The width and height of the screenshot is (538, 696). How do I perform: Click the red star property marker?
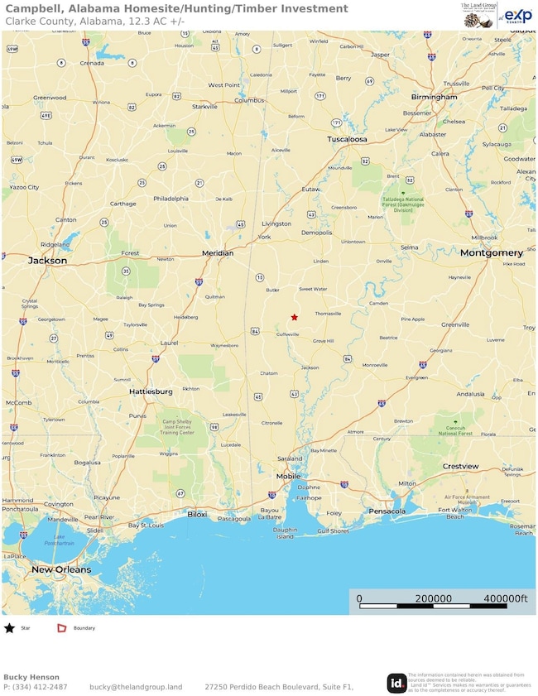tap(294, 317)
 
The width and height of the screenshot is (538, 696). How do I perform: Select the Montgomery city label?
tap(492, 252)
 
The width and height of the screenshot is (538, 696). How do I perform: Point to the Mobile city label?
tap(289, 477)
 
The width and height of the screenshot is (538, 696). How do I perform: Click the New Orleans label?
tap(61, 570)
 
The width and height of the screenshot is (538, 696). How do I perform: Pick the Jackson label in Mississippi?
tap(47, 260)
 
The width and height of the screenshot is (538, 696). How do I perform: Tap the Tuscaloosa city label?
tap(347, 139)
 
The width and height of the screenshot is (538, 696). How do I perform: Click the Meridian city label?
tap(218, 253)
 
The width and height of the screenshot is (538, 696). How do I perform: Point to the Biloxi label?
tap(197, 514)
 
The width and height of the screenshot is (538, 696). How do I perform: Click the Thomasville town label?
tap(328, 314)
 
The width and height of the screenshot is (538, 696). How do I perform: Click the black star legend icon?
tap(9, 628)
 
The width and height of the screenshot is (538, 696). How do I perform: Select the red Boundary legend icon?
tap(61, 628)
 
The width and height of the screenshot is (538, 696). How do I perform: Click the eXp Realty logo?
tap(517, 15)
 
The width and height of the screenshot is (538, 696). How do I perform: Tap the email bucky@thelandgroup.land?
tap(136, 687)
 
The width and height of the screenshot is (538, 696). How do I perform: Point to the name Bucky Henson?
tap(31, 677)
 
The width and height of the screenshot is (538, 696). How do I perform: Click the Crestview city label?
tap(460, 467)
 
